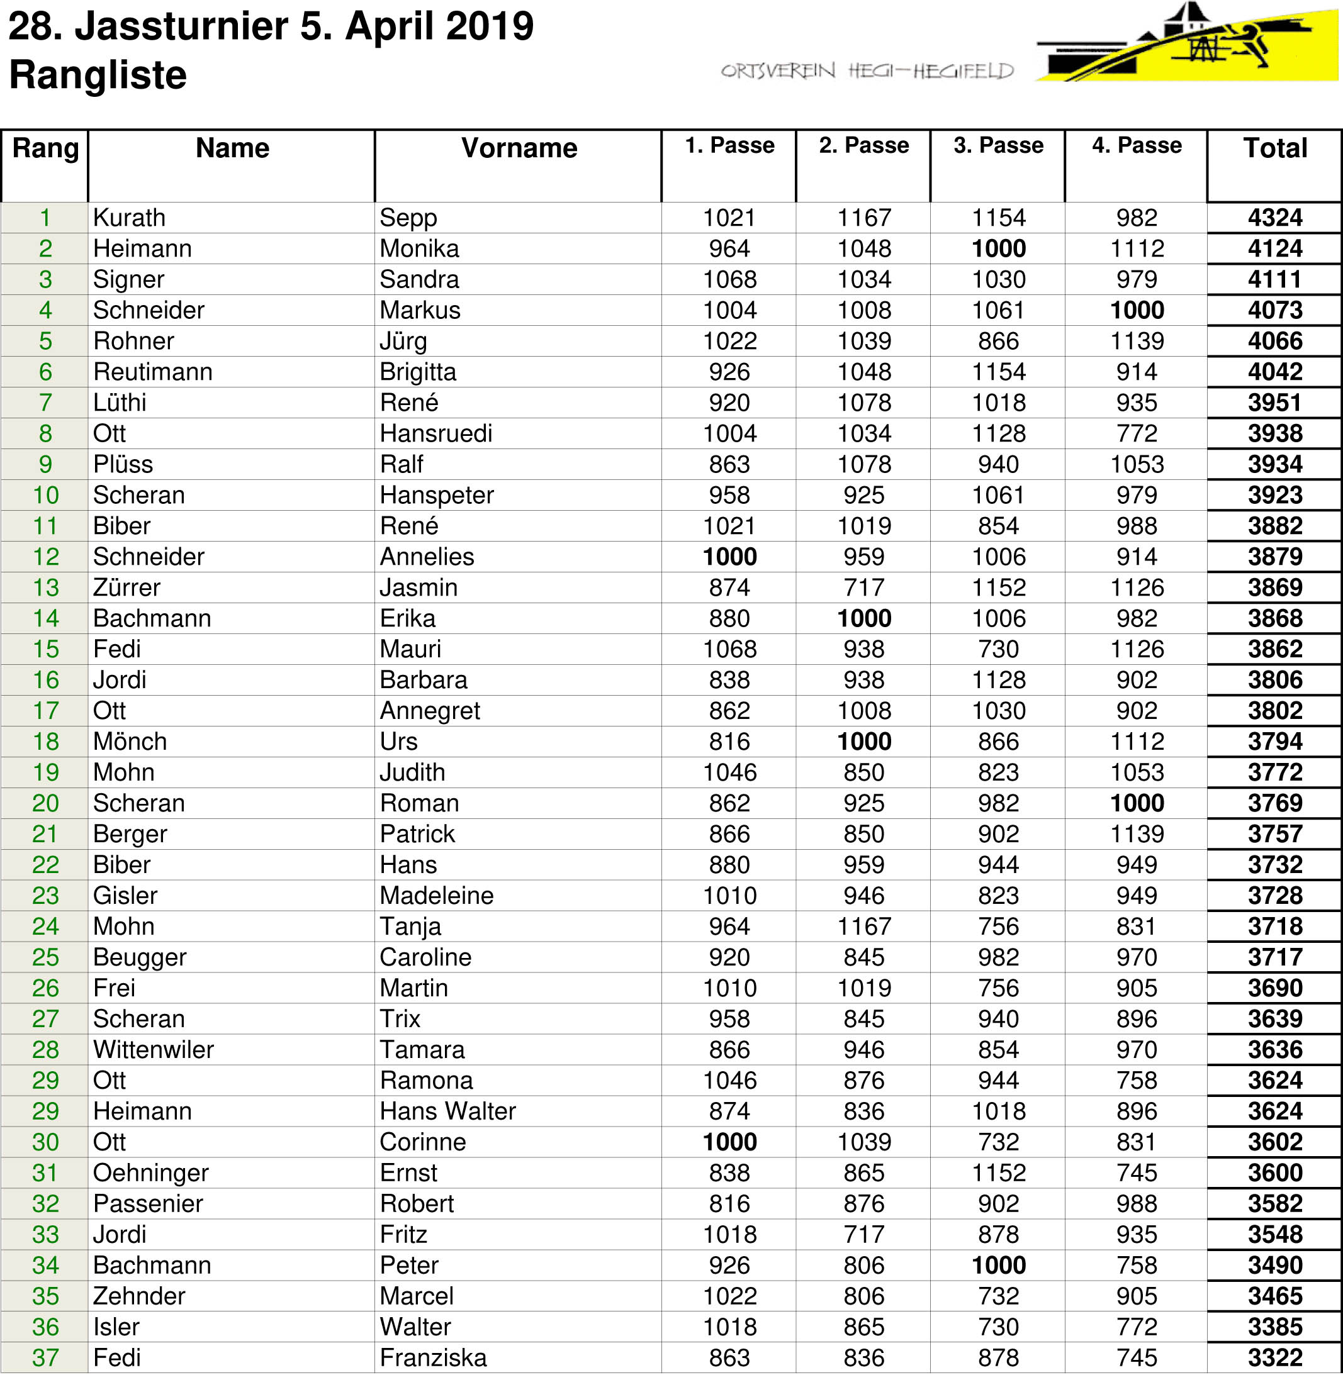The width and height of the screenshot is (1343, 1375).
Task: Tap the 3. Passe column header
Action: click(998, 145)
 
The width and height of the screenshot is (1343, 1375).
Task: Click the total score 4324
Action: click(1274, 217)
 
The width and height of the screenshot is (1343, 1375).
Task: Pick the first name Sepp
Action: click(408, 218)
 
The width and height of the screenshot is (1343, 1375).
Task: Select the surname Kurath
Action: click(129, 218)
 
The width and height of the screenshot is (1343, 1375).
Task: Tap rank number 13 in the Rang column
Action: click(46, 587)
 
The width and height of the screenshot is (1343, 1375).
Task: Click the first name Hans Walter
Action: click(447, 1111)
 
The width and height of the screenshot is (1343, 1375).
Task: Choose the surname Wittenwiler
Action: click(153, 1050)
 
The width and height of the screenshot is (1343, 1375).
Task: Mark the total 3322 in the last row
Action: click(1274, 1357)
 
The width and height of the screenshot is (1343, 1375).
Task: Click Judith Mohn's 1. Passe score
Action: click(729, 772)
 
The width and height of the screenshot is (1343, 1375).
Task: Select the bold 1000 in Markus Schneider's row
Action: click(1137, 310)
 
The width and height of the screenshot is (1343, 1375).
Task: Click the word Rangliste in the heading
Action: click(98, 75)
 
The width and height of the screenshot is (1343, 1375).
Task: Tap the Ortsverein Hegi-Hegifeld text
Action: click(866, 70)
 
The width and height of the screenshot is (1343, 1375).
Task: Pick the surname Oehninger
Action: click(151, 1172)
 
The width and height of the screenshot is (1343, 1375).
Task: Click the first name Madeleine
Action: click(436, 896)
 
